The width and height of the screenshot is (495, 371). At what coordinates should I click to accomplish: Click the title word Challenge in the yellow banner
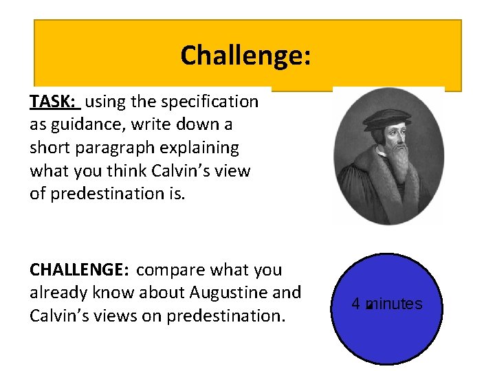click(245, 55)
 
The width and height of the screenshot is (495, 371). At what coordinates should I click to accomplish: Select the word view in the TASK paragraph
click(233, 171)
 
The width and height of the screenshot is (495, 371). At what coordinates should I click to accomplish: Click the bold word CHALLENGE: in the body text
click(80, 270)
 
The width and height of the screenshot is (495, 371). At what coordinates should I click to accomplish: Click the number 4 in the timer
click(356, 304)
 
